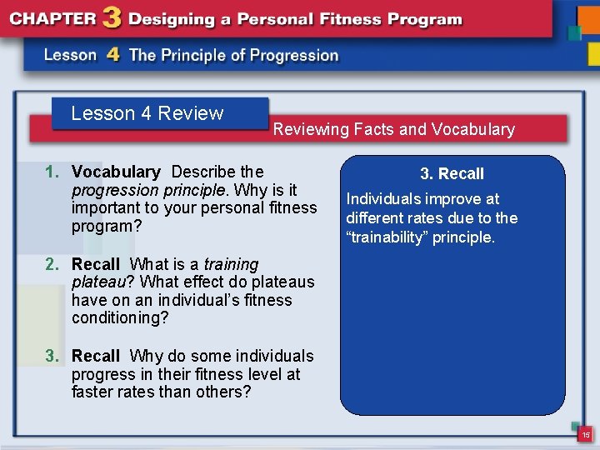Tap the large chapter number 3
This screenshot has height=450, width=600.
[108, 18]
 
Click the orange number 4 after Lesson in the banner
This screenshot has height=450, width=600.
[112, 55]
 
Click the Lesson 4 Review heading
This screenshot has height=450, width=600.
[147, 113]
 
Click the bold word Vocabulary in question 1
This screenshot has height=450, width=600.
[116, 172]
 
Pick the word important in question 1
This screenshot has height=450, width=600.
[105, 207]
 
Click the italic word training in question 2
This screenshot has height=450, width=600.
[231, 264]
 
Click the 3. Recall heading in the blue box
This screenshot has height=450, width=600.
[452, 173]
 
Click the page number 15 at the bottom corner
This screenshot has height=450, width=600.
[586, 435]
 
